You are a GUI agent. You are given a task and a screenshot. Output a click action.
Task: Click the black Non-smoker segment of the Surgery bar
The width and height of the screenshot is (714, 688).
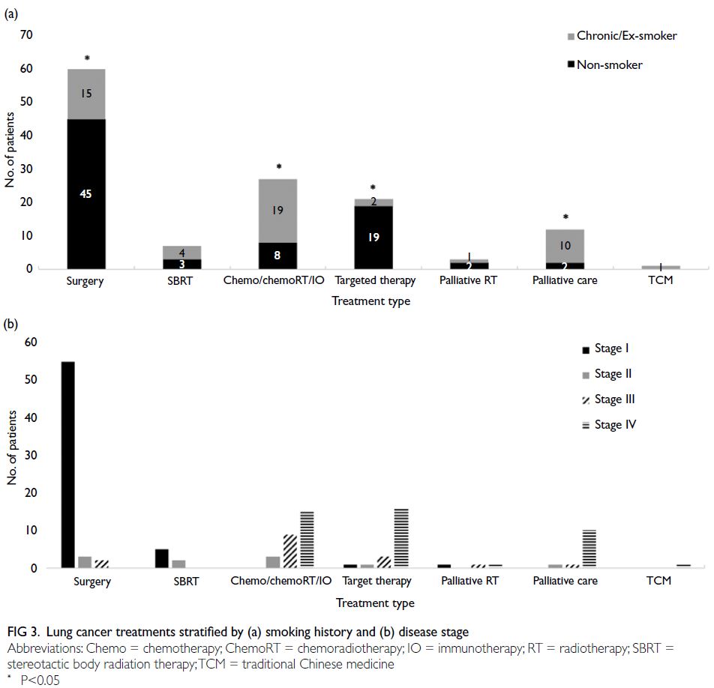86,194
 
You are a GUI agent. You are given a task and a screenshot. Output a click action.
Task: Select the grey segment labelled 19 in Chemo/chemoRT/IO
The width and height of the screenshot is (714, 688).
277,211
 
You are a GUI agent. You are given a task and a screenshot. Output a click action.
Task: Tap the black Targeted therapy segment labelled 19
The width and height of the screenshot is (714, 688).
373,237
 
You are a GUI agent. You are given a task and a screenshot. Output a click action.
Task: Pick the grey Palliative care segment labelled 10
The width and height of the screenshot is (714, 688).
565,246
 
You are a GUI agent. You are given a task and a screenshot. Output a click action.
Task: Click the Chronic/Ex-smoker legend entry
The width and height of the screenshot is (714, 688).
622,36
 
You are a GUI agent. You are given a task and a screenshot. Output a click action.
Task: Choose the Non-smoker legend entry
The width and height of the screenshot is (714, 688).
604,64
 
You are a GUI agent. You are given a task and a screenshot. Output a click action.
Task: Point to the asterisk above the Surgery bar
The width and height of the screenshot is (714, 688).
87,58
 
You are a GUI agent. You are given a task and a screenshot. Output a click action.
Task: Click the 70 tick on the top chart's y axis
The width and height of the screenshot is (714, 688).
26,34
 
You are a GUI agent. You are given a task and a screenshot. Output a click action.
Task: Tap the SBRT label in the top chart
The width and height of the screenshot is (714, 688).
180,281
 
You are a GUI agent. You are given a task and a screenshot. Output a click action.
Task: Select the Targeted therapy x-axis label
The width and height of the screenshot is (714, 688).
375,281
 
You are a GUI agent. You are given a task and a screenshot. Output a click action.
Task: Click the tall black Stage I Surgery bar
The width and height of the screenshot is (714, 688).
68,465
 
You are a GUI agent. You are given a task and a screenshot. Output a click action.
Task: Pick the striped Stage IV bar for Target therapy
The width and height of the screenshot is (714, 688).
401,538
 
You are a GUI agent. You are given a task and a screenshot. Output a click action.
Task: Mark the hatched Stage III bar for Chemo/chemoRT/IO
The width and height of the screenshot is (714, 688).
290,551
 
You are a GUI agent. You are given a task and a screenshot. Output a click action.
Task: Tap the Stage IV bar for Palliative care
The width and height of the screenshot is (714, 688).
589,549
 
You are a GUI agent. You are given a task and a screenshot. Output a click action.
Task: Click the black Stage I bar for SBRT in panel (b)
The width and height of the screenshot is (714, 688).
162,558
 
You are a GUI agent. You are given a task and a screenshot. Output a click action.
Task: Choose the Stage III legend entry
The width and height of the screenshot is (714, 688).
608,399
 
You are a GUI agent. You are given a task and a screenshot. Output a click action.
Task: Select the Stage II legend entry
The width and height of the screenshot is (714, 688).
607,374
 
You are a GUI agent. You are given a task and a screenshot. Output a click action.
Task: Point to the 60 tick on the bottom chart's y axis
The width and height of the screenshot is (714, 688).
31,343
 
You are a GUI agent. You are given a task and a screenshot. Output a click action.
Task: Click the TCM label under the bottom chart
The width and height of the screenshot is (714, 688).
659,581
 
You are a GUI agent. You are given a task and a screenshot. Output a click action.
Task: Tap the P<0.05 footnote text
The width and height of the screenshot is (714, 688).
40,680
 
